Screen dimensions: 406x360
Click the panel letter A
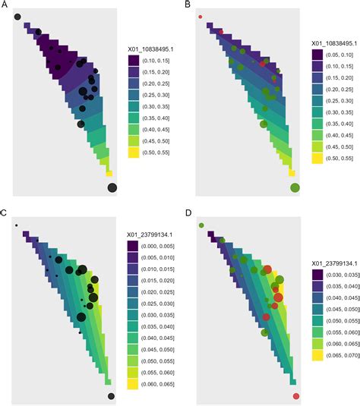coord(5,5)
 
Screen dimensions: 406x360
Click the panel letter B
coord(188,5)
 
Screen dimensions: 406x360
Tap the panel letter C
coord(5,214)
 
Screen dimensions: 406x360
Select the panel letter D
coord(188,214)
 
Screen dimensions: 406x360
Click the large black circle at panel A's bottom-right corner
coord(112,187)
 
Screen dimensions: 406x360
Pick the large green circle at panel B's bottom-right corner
coord(295,187)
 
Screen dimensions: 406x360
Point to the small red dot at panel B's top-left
coord(201,16)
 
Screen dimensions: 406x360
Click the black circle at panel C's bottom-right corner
coord(112,395)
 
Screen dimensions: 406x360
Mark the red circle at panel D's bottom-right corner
coord(295,396)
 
